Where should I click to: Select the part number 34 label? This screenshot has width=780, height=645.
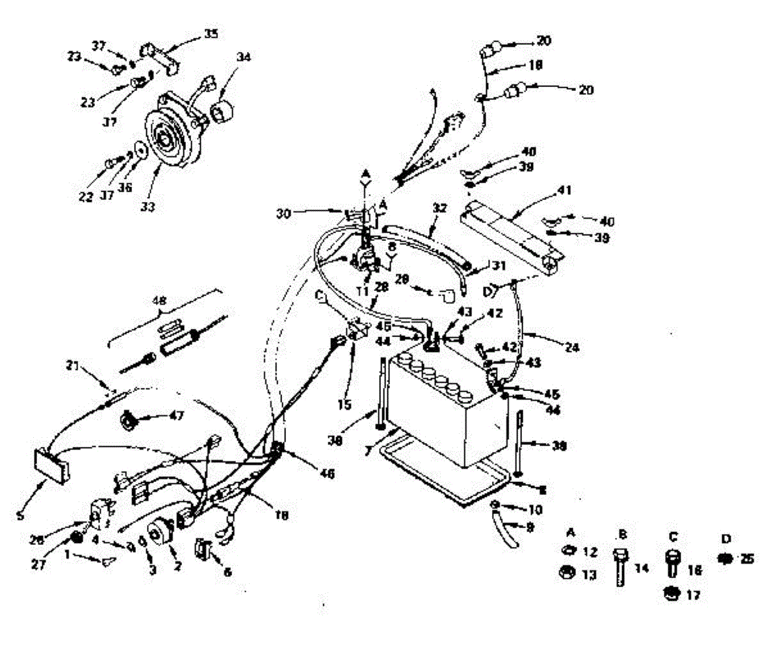[x=243, y=57]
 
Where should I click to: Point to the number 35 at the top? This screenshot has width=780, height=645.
[x=211, y=33]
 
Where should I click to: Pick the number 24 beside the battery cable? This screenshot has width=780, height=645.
[x=572, y=348]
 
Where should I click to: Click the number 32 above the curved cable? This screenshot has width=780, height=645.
[x=440, y=209]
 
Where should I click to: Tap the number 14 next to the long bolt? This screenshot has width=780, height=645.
[x=642, y=568]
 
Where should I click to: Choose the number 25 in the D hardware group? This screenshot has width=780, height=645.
[x=747, y=559]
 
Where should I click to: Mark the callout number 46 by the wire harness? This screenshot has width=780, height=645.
[x=327, y=475]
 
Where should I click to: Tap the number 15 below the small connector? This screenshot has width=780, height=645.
[x=344, y=405]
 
